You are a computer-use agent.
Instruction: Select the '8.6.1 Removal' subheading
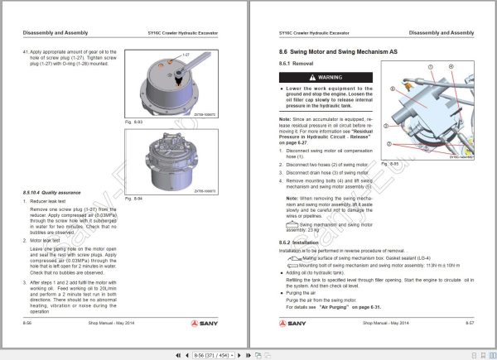click(296, 64)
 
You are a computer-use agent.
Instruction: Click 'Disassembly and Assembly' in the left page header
click(52, 33)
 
